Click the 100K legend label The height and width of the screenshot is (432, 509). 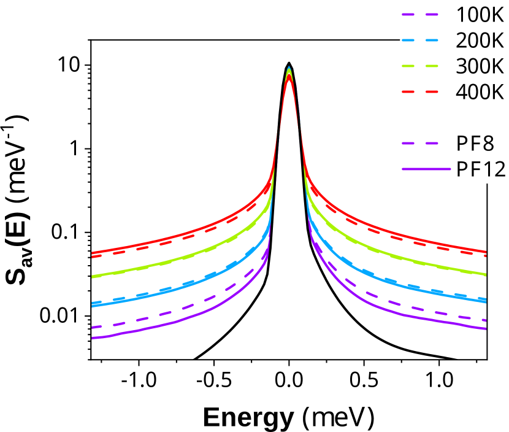click(480, 15)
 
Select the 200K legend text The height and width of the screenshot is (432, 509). click(480, 40)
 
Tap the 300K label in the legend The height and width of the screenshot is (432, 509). click(480, 66)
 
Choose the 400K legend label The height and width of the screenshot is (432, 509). click(480, 92)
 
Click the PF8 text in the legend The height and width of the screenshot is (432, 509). click(475, 144)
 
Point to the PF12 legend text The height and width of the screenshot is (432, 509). click(481, 170)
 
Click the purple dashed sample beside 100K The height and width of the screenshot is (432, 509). click(420, 15)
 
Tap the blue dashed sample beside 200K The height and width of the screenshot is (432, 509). click(420, 40)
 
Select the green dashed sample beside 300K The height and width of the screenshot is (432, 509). click(420, 66)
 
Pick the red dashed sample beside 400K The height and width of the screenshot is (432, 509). click(420, 92)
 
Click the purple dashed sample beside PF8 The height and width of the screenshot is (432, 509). click(420, 144)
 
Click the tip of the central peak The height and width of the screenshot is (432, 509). click(289, 67)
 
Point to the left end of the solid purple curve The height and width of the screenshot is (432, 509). click(93, 338)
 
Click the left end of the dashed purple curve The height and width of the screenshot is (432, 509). click(93, 327)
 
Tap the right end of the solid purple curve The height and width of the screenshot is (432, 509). click(486, 329)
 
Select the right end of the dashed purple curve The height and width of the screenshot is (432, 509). click(486, 320)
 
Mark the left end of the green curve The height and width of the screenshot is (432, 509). click(93, 277)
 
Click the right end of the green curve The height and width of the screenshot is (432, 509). click(486, 274)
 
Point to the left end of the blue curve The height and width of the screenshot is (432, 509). click(93, 304)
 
